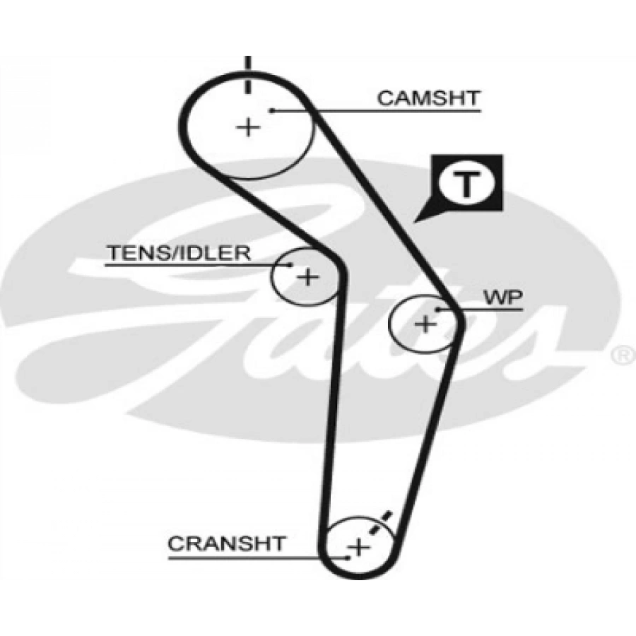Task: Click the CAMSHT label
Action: coord(428,98)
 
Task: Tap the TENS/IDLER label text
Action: coord(178,253)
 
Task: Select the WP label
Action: coord(503,298)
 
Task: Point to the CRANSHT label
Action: coord(228,543)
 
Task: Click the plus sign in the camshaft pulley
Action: coord(247,127)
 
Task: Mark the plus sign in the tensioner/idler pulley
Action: coord(307,276)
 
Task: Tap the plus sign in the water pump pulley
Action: coord(425,324)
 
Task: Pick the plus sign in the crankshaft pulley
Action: coord(360,546)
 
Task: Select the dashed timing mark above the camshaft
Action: coord(247,72)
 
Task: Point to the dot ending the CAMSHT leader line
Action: coord(271,110)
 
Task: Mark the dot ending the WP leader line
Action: coord(439,310)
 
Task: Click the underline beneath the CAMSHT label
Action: coord(396,110)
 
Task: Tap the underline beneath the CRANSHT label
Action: coord(240,556)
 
